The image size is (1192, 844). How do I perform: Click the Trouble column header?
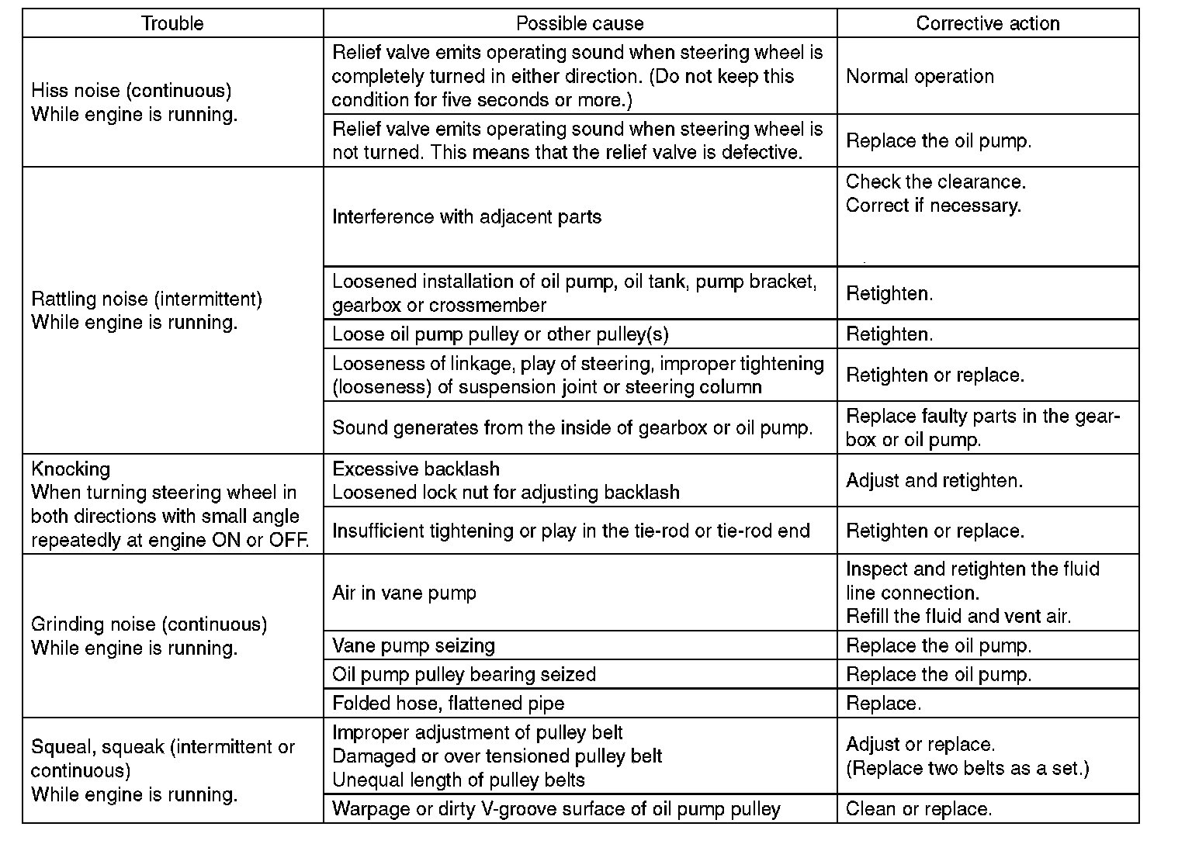tap(172, 23)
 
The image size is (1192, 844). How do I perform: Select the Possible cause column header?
tap(580, 23)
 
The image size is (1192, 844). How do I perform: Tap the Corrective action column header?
tap(987, 23)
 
